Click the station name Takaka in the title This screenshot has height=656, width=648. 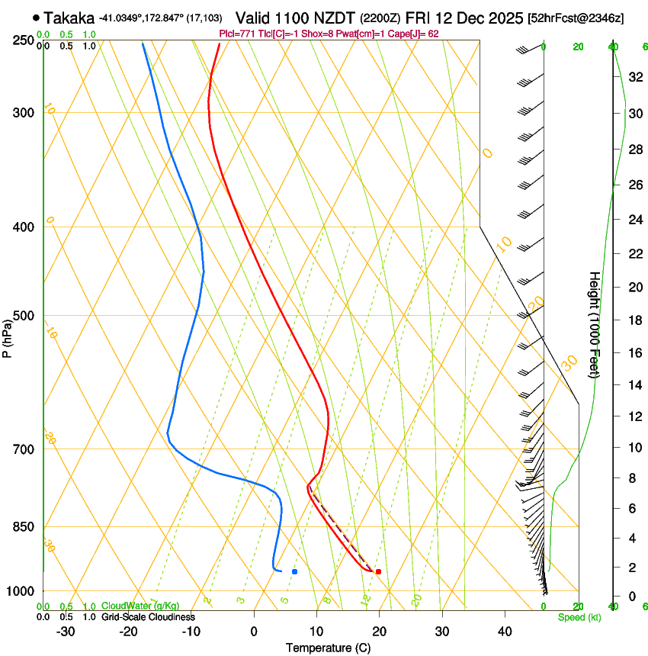69,18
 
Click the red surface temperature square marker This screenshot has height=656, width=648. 378,571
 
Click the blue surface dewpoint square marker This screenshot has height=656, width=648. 294,571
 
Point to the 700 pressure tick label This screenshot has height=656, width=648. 23,449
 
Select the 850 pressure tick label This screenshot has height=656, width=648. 23,527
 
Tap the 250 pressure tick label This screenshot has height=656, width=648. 23,40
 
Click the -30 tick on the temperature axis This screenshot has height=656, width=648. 66,632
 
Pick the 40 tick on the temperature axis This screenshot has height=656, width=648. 504,632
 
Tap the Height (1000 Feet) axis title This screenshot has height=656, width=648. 595,324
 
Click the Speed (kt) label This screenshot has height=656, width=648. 579,617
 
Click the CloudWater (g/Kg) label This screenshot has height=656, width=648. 140,606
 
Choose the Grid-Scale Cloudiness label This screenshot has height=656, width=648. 148,617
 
